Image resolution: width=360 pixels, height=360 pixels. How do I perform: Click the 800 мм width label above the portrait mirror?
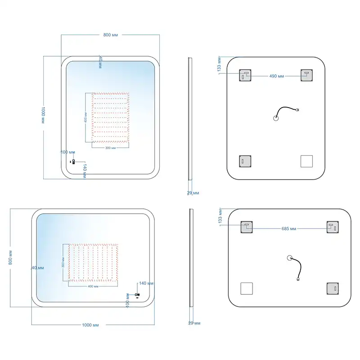(110, 35)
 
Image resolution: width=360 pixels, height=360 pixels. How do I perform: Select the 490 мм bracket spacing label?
(276, 76)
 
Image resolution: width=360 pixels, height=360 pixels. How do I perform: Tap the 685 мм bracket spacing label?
(289, 229)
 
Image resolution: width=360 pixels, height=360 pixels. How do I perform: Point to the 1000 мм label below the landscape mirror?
(90, 325)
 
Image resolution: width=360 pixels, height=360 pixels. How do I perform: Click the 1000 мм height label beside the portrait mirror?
(43, 115)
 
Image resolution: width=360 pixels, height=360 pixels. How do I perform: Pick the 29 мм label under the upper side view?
(193, 193)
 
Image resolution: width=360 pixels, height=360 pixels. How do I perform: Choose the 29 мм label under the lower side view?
(194, 323)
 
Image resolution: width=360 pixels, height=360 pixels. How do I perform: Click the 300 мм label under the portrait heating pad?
(110, 148)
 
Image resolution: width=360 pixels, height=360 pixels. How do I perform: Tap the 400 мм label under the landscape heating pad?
(93, 286)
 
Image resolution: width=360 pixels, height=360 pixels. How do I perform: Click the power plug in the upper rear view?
(298, 110)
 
